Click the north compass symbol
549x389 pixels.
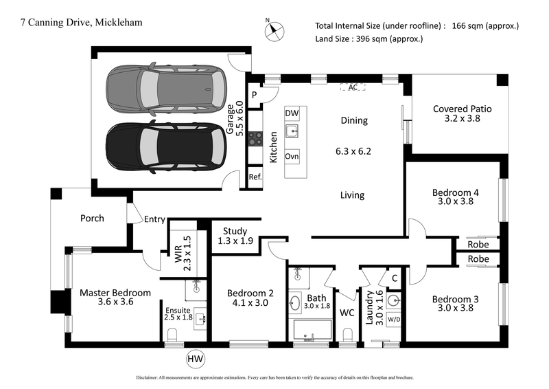point(274,30)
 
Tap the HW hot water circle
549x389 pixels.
point(195,358)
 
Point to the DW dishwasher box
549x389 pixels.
point(292,113)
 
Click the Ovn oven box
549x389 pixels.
point(292,155)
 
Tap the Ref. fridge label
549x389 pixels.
point(255,177)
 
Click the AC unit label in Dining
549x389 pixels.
point(353,88)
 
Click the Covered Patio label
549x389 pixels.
point(462,114)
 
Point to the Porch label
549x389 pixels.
point(92,218)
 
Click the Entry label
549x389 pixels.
point(154,219)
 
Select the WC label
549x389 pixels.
point(347,313)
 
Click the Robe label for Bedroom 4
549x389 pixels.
point(478,244)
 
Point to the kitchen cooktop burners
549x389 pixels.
point(255,138)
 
